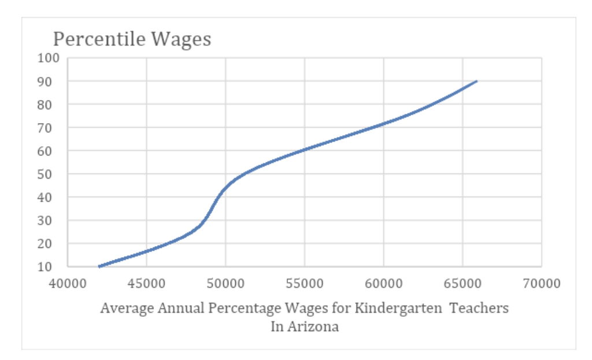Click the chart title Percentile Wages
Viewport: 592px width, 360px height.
[x=132, y=39]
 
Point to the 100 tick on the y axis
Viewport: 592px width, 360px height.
[x=49, y=58]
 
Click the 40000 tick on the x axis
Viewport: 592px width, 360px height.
[x=68, y=284]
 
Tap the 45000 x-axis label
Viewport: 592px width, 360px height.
[x=147, y=284]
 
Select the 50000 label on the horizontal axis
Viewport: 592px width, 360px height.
[x=225, y=284]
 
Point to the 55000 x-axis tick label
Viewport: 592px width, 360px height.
[x=305, y=284]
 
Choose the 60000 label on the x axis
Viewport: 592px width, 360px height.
[x=384, y=284]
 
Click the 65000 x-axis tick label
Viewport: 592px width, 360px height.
[x=462, y=284]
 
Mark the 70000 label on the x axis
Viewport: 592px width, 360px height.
[x=542, y=284]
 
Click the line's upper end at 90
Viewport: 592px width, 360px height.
[x=477, y=81]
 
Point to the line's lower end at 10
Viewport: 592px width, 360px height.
[x=99, y=266]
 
